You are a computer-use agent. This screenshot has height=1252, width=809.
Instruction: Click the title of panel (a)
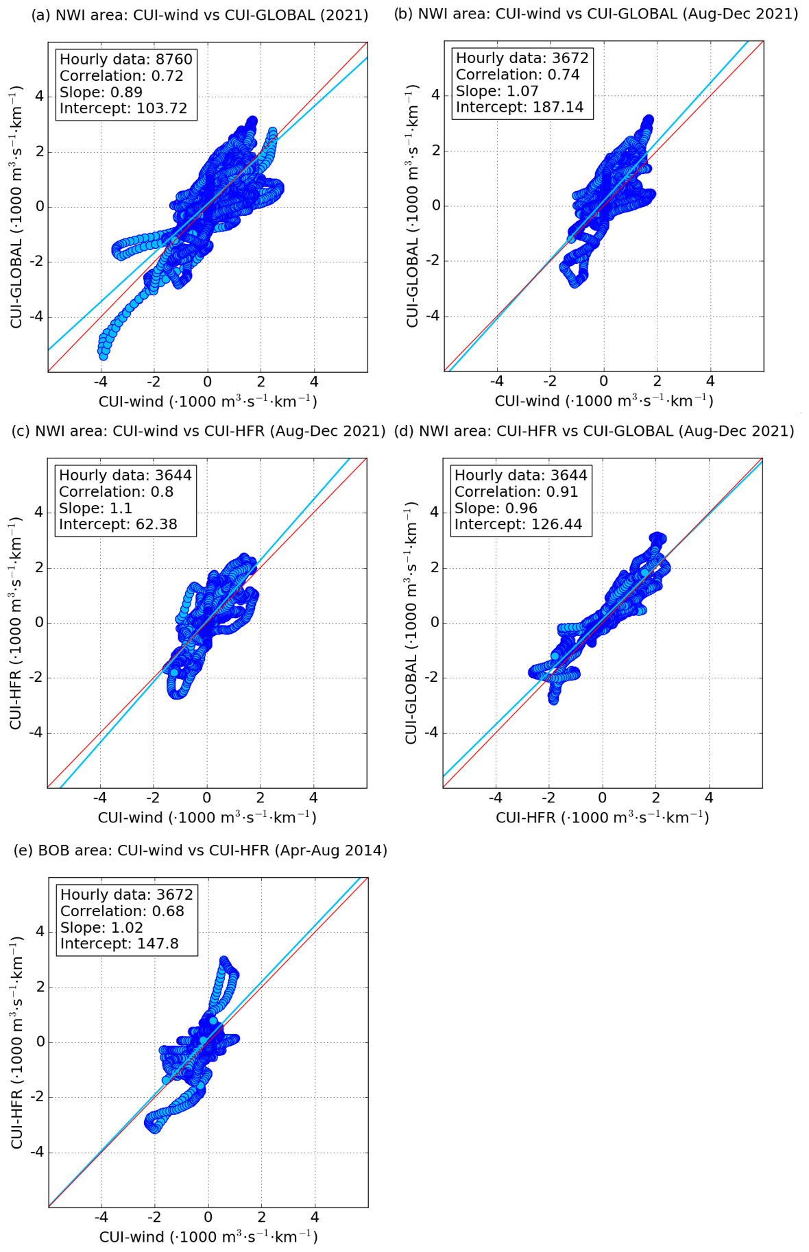point(200,14)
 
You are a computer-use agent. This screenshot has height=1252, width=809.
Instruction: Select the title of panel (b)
point(596,14)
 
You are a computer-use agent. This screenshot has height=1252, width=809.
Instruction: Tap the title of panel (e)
point(200,850)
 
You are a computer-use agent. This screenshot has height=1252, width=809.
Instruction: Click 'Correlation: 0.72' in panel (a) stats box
point(121,75)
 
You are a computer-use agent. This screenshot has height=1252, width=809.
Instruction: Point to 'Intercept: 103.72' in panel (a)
point(123,108)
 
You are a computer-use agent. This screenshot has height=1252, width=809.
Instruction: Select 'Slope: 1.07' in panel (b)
point(497,91)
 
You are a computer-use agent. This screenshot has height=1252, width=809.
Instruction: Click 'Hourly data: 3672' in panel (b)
point(522,58)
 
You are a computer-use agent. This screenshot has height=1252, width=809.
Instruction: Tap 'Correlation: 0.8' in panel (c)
point(116,492)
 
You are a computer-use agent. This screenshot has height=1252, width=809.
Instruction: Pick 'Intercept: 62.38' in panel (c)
point(118,525)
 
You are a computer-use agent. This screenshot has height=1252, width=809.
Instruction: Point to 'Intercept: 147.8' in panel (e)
point(119,944)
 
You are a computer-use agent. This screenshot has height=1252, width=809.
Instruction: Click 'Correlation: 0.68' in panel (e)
point(122,911)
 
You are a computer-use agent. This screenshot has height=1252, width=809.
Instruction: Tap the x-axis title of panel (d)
point(602,818)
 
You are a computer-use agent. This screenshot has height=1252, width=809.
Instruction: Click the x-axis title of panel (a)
point(208,401)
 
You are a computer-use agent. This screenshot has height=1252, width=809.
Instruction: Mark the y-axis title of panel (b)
point(413,206)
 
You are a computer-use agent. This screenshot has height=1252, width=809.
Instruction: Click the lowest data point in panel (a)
point(104,356)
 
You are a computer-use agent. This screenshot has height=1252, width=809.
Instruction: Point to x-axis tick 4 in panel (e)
point(315,1217)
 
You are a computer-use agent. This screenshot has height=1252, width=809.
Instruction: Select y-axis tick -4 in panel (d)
point(431,733)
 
